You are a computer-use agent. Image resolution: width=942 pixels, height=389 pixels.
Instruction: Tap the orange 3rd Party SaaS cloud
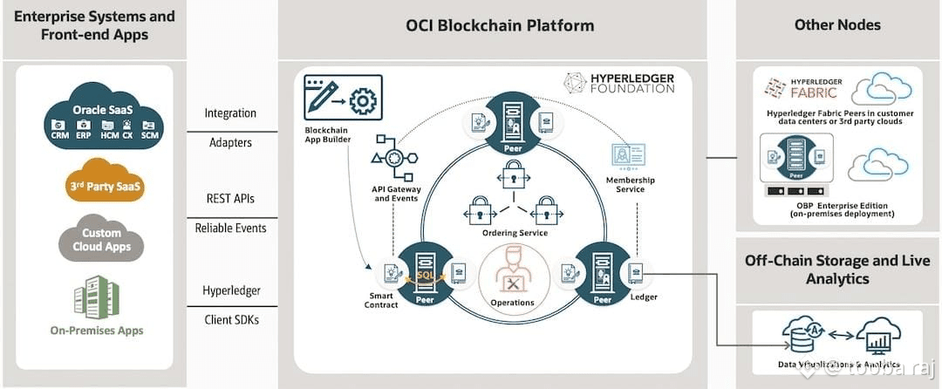[106, 184]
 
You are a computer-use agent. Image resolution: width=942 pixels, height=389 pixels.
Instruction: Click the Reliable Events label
[230, 228]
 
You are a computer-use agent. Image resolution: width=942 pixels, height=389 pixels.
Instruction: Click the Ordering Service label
[515, 233]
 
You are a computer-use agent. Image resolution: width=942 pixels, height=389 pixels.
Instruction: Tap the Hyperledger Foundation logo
[618, 83]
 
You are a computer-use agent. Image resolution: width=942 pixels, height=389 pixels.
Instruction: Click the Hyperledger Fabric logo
[802, 89]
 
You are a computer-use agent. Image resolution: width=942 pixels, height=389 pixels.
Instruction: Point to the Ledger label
[644, 297]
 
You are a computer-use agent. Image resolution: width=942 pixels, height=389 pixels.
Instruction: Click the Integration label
[230, 113]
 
